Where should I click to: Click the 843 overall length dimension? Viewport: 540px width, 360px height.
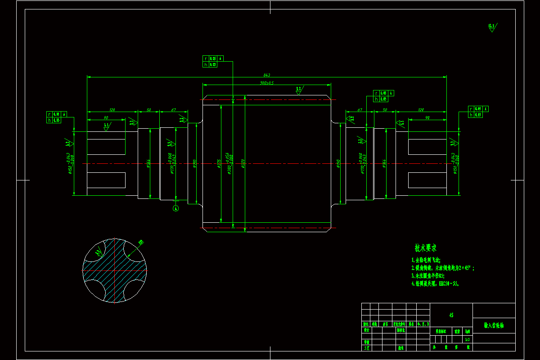266,75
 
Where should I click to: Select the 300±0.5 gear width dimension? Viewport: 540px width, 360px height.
267,83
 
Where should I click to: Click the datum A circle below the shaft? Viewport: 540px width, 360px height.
176,208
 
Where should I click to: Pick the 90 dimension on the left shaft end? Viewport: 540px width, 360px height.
106,118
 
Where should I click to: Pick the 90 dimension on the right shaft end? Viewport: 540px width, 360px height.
427,118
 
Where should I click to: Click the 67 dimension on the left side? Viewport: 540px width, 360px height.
173,110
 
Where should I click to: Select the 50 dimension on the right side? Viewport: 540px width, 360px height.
385,110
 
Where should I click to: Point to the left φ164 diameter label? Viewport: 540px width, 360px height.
148,163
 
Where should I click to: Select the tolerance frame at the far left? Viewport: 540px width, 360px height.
57,117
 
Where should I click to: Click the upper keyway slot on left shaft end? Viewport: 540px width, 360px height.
106,146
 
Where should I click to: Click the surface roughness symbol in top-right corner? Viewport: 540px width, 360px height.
492,27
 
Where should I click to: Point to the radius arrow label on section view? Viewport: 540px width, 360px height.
140,242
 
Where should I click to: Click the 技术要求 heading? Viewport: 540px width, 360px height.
425,248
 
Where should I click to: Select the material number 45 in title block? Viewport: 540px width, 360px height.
451,315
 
